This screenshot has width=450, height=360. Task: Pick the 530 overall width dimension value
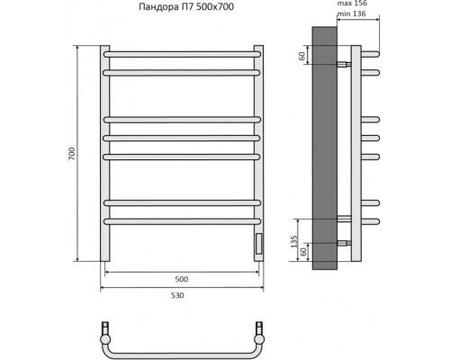coord(184,296)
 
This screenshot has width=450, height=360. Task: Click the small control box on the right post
coord(259,244)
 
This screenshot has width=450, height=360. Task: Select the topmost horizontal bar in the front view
coord(184,54)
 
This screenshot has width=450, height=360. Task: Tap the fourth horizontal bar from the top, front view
coord(184,138)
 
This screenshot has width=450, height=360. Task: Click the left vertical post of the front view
coord(103,153)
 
